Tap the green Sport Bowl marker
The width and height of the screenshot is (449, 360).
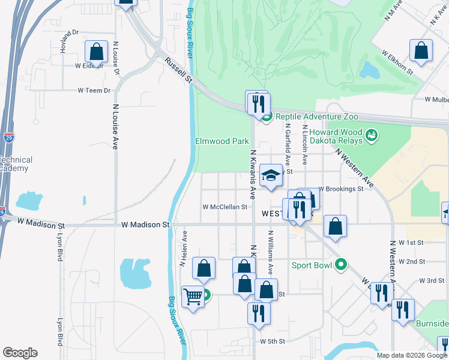pos(341,264)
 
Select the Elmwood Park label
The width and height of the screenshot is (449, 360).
pos(221,142)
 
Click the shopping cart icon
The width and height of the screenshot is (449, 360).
pos(193,295)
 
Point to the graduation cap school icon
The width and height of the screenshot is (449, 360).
pos(271,175)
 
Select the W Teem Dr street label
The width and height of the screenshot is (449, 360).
pos(94,91)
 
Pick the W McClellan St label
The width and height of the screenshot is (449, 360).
pos(224,207)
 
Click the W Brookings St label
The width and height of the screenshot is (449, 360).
pos(340,188)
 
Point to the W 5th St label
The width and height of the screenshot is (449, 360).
pos(272,341)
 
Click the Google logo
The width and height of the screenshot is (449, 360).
pos(20,353)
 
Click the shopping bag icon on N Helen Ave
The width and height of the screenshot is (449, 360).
pos(204,269)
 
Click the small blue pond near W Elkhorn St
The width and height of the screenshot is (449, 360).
pos(368,70)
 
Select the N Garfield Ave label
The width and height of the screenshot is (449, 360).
pos(288,145)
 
